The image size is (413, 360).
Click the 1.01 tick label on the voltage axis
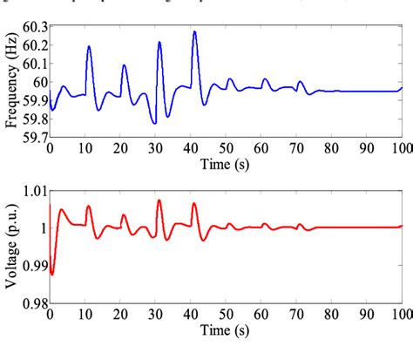[32, 191]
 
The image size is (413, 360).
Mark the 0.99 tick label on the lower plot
[32, 266]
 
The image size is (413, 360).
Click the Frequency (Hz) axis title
[11, 81]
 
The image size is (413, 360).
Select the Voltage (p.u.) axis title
[11, 247]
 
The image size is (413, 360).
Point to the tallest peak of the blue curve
[194, 32]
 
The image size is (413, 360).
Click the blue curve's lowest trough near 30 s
[154, 123]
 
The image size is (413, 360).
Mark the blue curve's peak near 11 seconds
[89, 47]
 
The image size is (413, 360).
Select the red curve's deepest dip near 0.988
[52, 274]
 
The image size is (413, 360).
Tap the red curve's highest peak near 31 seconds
[159, 200]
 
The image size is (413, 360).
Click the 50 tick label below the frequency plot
[227, 147]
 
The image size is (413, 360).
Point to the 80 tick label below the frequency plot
[332, 147]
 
